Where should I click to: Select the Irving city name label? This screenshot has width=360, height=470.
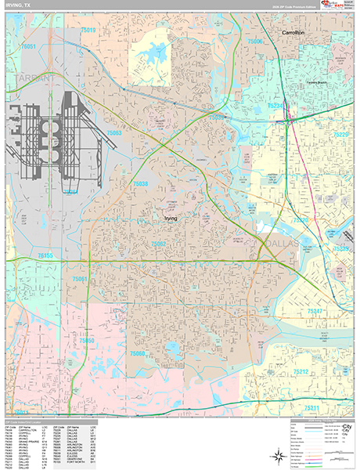point(173,219)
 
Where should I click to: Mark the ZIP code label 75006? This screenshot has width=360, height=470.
point(256,40)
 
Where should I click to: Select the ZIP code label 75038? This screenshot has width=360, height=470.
point(141,183)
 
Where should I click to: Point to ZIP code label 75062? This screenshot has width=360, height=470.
point(158,244)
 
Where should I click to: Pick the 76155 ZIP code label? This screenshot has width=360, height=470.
point(45,256)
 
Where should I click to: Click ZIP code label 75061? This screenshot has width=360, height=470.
point(80,279)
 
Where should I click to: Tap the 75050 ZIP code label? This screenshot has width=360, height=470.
point(86,342)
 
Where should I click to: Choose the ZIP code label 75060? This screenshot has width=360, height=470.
point(138,353)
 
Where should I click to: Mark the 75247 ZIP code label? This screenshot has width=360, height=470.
point(315,311)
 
